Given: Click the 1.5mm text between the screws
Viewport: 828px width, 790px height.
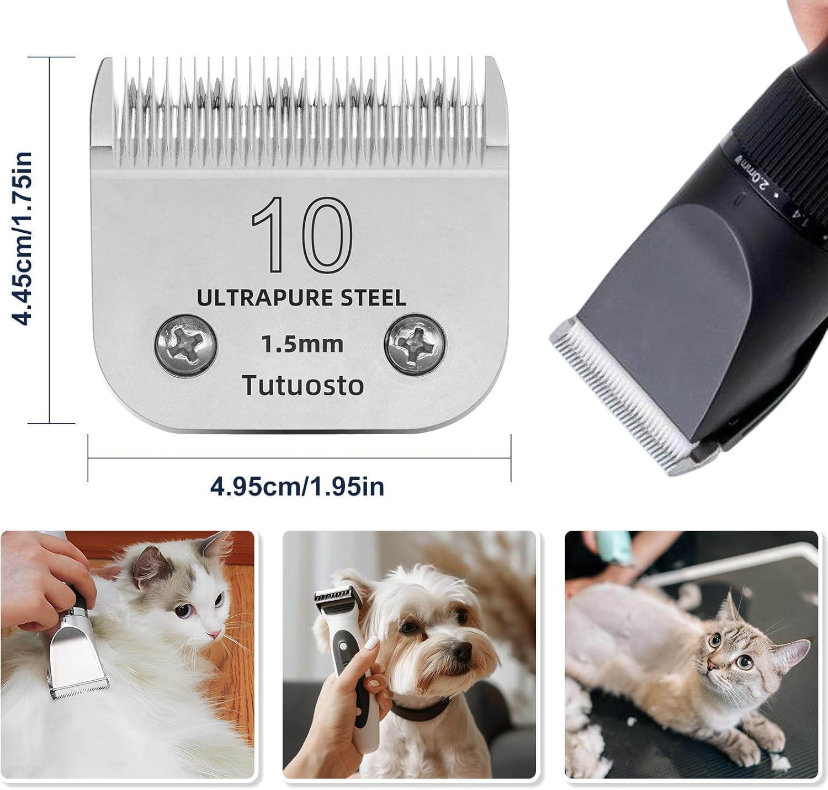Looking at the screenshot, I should coord(302,345).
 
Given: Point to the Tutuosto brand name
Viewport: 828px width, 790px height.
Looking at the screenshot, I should coord(303,385).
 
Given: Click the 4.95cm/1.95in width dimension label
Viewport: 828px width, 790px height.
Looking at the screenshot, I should coord(297,487).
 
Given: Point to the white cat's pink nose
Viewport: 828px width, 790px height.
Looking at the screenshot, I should coord(210,634).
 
